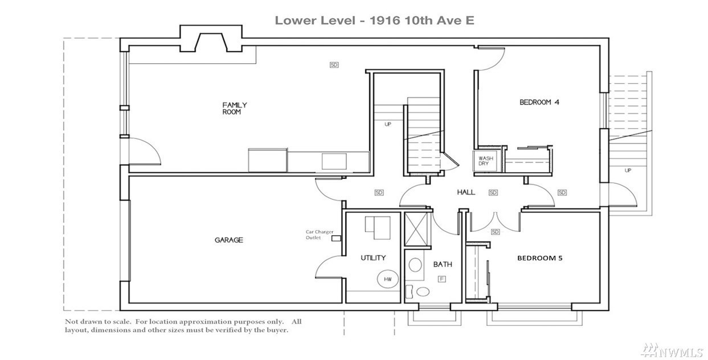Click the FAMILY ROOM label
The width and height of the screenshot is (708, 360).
235,108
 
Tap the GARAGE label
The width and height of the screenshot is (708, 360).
229,240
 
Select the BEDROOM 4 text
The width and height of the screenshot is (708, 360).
539,102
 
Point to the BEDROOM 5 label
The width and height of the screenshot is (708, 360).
540,258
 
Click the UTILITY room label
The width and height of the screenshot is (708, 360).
373,258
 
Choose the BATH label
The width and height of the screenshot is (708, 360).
443,264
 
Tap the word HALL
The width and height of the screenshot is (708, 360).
466,192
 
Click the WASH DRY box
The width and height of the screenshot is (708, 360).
485,161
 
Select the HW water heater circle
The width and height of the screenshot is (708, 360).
388,279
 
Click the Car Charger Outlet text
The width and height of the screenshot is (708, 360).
319,235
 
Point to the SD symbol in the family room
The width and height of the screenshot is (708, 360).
334,65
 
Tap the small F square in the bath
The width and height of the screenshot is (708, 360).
442,279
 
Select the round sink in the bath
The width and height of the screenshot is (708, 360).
415,264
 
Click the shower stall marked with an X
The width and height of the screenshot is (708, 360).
416,229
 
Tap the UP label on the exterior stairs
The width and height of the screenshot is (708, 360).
628,170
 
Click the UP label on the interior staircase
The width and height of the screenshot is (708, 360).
388,124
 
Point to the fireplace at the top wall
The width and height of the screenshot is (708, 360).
211,39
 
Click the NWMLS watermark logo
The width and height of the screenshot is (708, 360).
672,350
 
